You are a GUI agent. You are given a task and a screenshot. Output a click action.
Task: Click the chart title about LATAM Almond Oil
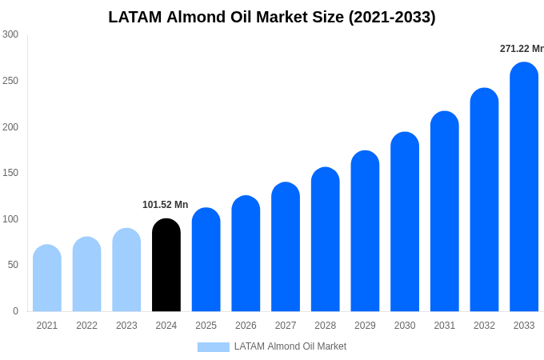272,17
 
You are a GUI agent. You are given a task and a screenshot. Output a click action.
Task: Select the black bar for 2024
166,266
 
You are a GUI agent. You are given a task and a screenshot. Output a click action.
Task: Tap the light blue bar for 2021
47,278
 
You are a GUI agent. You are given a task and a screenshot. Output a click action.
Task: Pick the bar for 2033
524,187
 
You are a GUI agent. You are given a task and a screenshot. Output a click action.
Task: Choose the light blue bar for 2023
126,270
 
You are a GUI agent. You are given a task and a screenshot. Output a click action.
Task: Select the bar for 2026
246,254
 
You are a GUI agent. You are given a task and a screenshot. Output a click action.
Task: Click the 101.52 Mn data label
165,205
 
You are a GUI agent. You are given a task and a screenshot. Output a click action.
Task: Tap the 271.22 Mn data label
522,49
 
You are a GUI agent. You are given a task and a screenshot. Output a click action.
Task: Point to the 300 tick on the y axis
10,34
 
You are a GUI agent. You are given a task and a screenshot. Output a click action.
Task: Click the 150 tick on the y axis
10,173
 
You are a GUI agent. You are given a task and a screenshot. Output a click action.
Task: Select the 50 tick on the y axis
13,265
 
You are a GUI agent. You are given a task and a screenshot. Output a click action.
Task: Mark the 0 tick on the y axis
15,311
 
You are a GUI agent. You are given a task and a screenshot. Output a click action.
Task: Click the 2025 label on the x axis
206,326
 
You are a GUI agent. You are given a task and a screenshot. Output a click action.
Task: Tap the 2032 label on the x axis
484,326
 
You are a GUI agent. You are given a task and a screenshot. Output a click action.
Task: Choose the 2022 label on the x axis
86,326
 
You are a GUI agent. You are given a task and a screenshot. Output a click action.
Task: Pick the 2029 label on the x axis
365,326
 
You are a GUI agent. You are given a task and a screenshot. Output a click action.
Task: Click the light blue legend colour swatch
213,347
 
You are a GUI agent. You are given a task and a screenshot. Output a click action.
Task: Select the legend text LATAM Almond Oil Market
290,346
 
